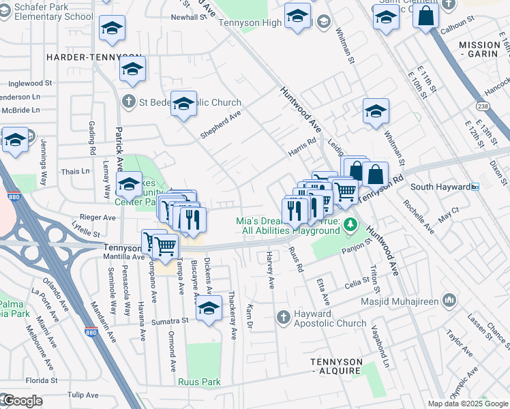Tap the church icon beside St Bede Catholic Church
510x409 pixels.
[127, 102]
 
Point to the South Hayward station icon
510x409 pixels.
[475, 187]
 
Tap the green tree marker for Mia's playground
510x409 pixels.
[350, 224]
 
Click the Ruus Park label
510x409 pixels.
[200, 382]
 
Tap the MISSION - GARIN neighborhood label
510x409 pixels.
[479, 50]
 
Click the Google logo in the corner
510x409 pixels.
[22, 401]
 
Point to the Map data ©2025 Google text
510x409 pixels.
[468, 404]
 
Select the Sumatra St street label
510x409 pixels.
[170, 320]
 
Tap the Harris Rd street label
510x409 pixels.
[302, 147]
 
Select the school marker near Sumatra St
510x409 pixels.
[209, 308]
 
